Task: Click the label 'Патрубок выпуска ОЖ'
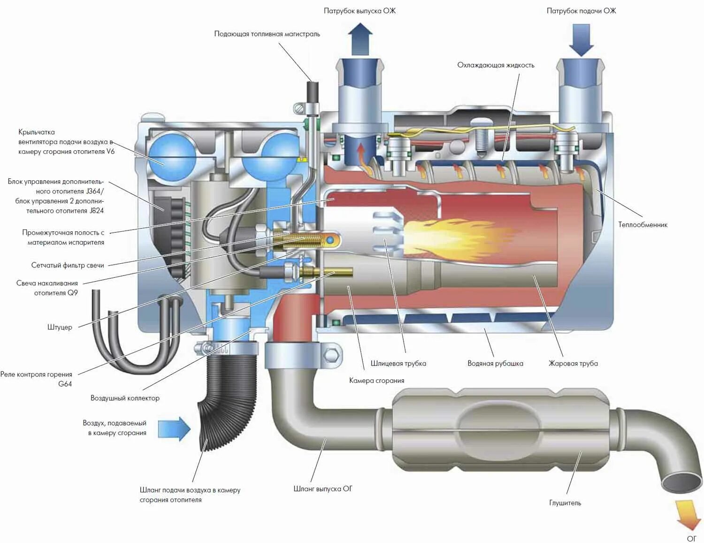pos(360,11)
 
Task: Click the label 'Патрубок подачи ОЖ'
pos(581,11)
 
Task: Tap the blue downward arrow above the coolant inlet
pos(581,40)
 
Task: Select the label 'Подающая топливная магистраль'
pos(267,34)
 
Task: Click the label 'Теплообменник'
pos(643,225)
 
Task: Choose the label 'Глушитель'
pos(565,503)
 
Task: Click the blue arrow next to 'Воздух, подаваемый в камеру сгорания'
pos(174,428)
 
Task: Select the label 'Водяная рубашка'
pos(495,363)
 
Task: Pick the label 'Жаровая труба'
pos(573,363)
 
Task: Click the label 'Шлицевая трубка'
pos(398,363)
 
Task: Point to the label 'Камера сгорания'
pos(376,381)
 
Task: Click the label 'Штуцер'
pos(60,327)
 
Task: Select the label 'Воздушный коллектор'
pos(125,398)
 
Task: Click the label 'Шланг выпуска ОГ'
pos(322,489)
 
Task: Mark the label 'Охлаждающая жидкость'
pos(496,65)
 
